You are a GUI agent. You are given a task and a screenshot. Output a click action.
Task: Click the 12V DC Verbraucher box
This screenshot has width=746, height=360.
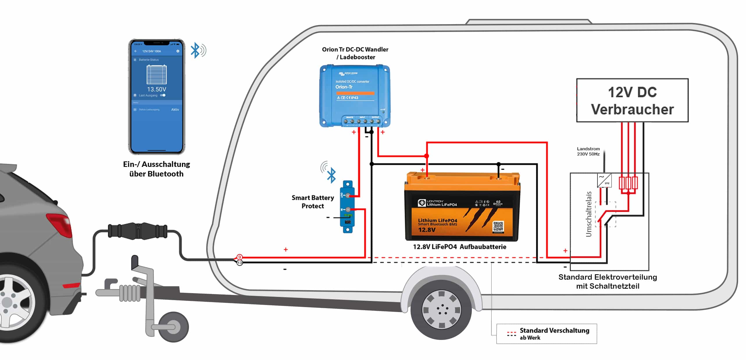coord(632,100)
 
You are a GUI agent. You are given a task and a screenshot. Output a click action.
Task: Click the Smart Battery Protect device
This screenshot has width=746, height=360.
coord(347,206)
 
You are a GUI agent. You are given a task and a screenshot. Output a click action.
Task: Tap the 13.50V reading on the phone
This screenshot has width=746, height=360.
coord(156,89)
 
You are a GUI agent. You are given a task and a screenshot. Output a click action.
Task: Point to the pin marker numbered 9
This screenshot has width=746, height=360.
coord(239,257)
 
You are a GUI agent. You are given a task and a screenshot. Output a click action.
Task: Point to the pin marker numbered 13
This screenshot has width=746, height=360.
coord(240,263)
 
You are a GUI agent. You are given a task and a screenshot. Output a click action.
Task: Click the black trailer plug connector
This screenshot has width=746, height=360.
coord(138,231)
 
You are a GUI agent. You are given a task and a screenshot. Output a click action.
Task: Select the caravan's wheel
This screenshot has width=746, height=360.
coord(441,309)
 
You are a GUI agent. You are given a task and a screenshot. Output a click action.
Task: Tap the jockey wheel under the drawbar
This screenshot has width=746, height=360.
coord(173,327)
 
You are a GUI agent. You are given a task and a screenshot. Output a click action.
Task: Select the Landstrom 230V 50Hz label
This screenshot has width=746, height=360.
coord(588,151)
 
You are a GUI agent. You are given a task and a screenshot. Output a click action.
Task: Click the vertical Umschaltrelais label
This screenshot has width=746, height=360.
coord(589,214)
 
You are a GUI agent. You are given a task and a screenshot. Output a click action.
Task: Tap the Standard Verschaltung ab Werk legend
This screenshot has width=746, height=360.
coord(547,334)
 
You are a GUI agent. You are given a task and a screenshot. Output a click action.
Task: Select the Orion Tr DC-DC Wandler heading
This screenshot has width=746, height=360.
coord(355,53)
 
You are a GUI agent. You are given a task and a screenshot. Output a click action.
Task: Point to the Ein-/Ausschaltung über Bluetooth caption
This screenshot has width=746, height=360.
coord(156,169)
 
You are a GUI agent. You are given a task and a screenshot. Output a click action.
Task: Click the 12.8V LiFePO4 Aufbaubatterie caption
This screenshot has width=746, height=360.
coord(459,247)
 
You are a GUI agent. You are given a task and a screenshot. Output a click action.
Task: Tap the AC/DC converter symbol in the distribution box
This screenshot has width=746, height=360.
coord(604,180)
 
